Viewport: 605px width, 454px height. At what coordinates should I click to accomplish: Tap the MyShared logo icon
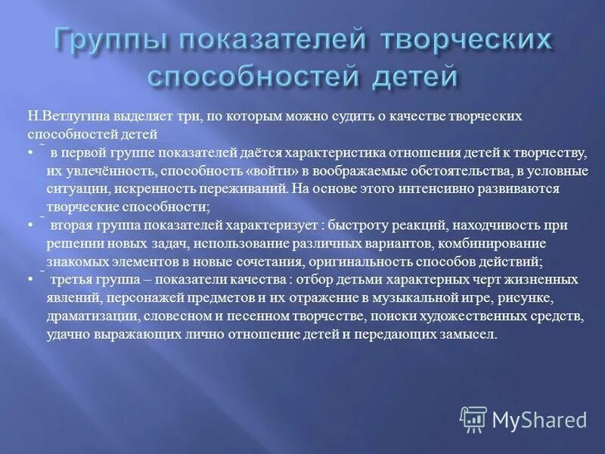tap(473, 419)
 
